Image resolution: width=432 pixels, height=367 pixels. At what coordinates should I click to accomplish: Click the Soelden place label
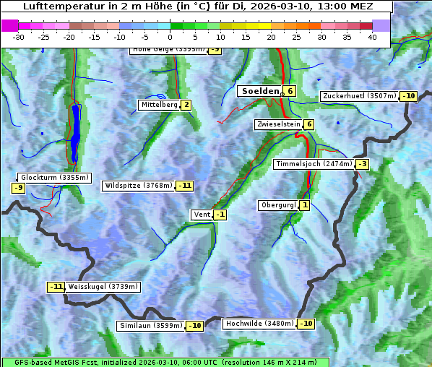(x=259, y=91)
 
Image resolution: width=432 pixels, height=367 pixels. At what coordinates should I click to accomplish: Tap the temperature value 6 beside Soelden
(x=290, y=91)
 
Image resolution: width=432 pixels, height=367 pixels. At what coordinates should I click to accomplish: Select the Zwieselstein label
(x=278, y=124)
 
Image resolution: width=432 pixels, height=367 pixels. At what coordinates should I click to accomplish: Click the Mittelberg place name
(x=159, y=105)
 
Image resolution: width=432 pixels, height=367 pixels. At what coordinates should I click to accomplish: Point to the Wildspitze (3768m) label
(x=138, y=186)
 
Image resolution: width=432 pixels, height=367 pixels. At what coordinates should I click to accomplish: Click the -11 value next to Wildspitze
(x=185, y=186)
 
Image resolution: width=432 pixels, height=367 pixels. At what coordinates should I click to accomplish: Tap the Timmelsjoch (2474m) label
(x=314, y=164)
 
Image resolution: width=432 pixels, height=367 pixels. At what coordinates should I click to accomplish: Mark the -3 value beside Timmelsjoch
(x=362, y=164)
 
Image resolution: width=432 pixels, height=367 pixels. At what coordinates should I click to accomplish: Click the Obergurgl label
(x=278, y=205)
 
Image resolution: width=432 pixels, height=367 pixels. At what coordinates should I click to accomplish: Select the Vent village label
(x=202, y=215)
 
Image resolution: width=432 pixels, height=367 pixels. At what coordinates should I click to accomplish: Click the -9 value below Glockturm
(x=19, y=189)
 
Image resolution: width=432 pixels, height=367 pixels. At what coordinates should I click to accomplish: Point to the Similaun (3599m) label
(x=150, y=326)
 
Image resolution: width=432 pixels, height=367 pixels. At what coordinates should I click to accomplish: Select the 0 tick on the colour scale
(x=170, y=36)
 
